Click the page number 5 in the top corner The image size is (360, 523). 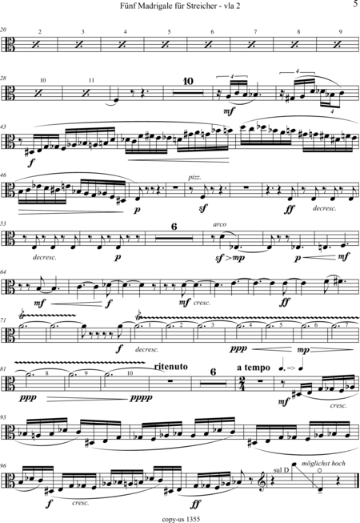tap(355, 4)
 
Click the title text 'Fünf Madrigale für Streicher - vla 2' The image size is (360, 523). tap(180, 6)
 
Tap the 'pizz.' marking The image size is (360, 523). tap(194, 178)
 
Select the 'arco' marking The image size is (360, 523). tap(219, 224)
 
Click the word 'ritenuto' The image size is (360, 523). tap(171, 367)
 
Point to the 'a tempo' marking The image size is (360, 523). tap(254, 368)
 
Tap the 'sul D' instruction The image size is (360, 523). tap(281, 470)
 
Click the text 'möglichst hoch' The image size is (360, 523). tap(323, 463)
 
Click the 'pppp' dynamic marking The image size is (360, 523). tap(142, 397)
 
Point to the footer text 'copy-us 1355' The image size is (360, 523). tap(181, 519)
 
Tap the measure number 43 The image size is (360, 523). tap(3, 127)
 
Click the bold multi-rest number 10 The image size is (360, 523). tap(188, 81)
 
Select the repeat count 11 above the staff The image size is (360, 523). tap(91, 80)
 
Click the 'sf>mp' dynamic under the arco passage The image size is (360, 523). tap(229, 258)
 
